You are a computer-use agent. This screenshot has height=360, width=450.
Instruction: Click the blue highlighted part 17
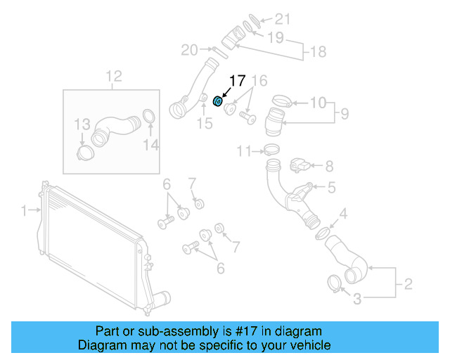point(218,102)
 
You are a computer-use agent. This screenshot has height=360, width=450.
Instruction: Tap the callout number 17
point(237,82)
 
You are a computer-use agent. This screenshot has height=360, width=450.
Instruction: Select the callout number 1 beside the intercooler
point(23,210)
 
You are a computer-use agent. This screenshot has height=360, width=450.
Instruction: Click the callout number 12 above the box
point(113,76)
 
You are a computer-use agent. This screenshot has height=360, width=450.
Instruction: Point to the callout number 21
point(281,19)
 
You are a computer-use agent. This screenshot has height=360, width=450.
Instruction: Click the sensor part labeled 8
point(300,166)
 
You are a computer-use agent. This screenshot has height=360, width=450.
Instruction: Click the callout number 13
point(83,124)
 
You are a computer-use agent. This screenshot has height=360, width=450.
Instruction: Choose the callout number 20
point(189,50)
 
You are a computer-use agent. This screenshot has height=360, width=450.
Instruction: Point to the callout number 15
point(204,124)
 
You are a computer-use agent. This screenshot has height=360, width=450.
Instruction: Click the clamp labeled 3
point(335,283)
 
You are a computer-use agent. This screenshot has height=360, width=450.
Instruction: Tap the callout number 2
point(406,285)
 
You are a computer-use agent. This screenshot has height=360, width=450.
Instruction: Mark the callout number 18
point(319,52)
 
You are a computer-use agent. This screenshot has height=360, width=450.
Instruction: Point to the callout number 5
point(330,187)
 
